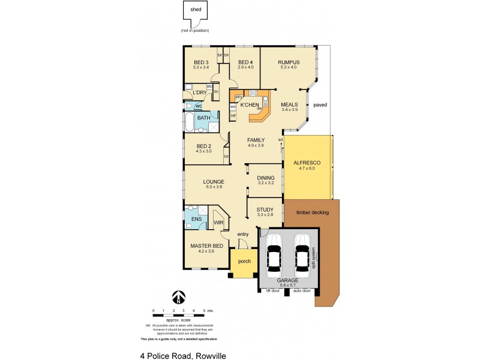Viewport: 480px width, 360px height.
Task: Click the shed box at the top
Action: point(196,13)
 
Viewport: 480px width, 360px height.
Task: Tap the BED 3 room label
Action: point(200,62)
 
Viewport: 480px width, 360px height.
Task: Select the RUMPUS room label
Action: point(289,62)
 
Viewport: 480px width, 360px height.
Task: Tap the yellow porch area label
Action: point(244,262)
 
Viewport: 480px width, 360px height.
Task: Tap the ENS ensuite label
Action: point(196,220)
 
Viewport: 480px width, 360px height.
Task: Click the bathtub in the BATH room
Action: point(189,122)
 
